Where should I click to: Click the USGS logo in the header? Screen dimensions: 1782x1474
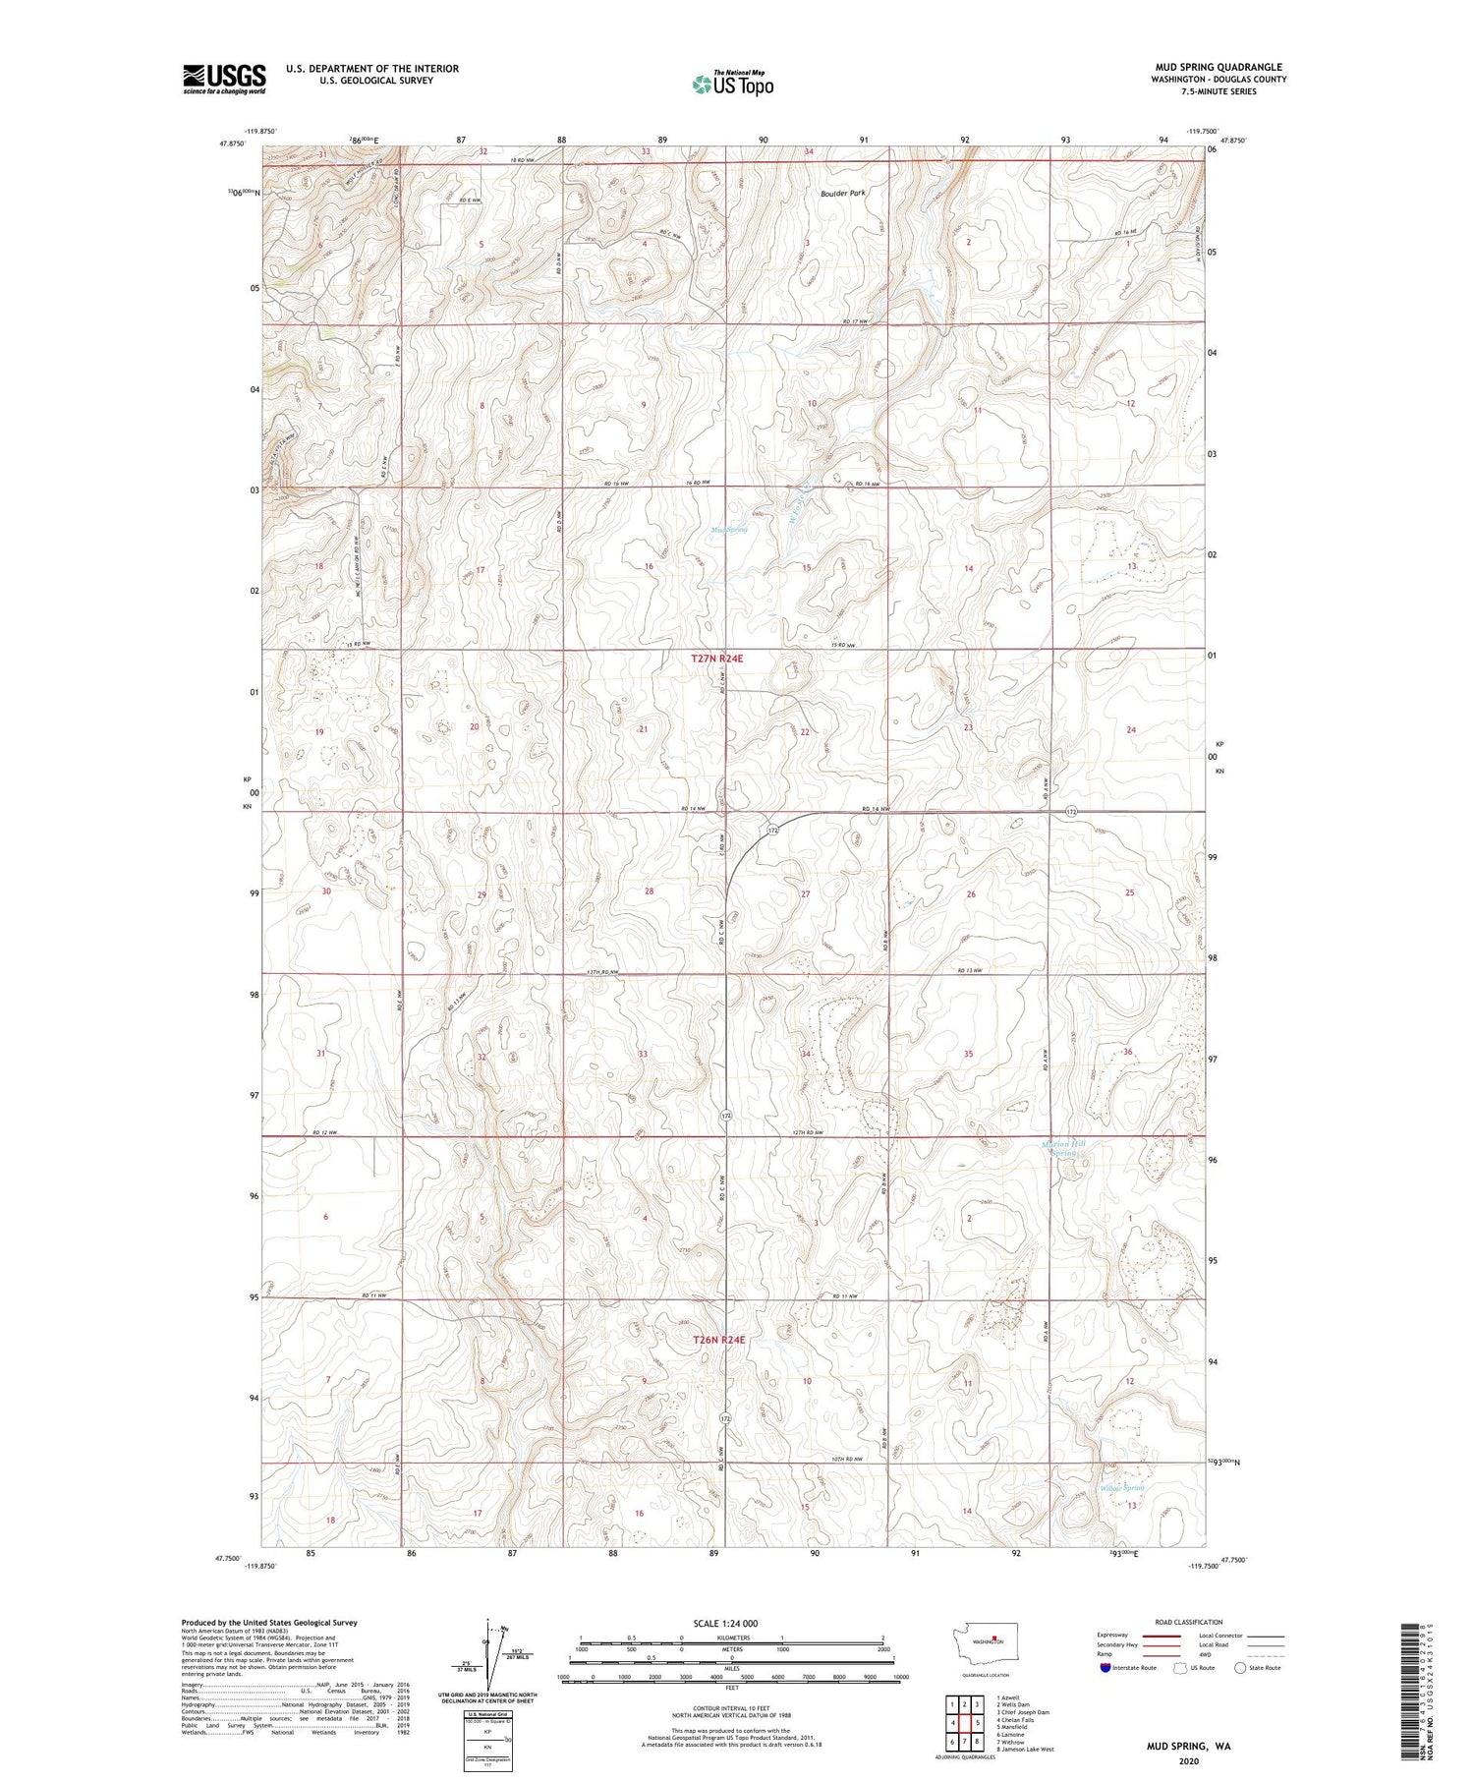click(x=224, y=79)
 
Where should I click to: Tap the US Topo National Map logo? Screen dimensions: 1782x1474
click(x=733, y=84)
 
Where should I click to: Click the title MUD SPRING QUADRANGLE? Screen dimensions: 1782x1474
click(x=1219, y=67)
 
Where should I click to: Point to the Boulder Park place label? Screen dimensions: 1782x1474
click(x=843, y=194)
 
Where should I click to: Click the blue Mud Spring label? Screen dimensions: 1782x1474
click(x=729, y=530)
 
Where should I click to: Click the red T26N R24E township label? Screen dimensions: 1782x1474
click(x=718, y=1340)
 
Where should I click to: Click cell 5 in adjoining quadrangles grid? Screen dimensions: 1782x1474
click(x=979, y=1723)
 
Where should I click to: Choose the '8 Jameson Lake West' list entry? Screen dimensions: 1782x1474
click(x=1025, y=1749)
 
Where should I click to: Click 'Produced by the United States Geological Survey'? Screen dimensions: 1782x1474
click(x=268, y=1623)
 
